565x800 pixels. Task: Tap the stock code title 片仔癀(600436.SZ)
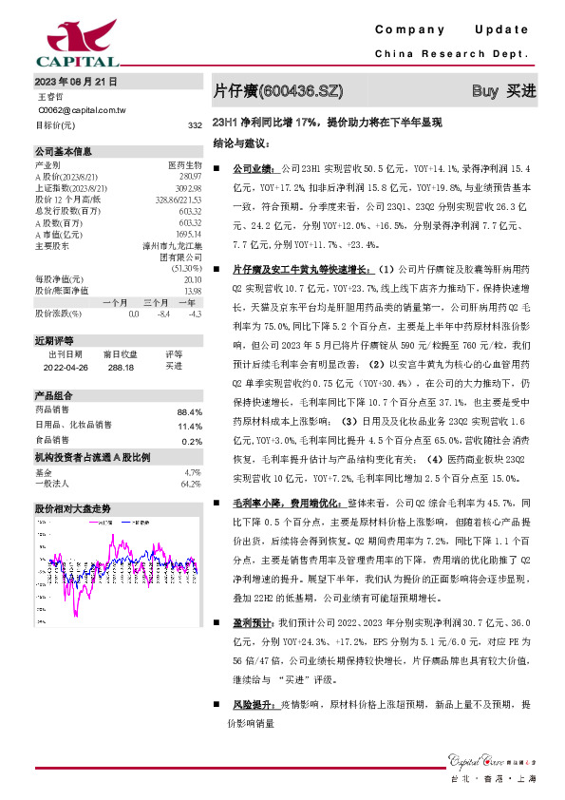tap(276, 91)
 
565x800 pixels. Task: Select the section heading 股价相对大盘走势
tap(73, 508)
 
